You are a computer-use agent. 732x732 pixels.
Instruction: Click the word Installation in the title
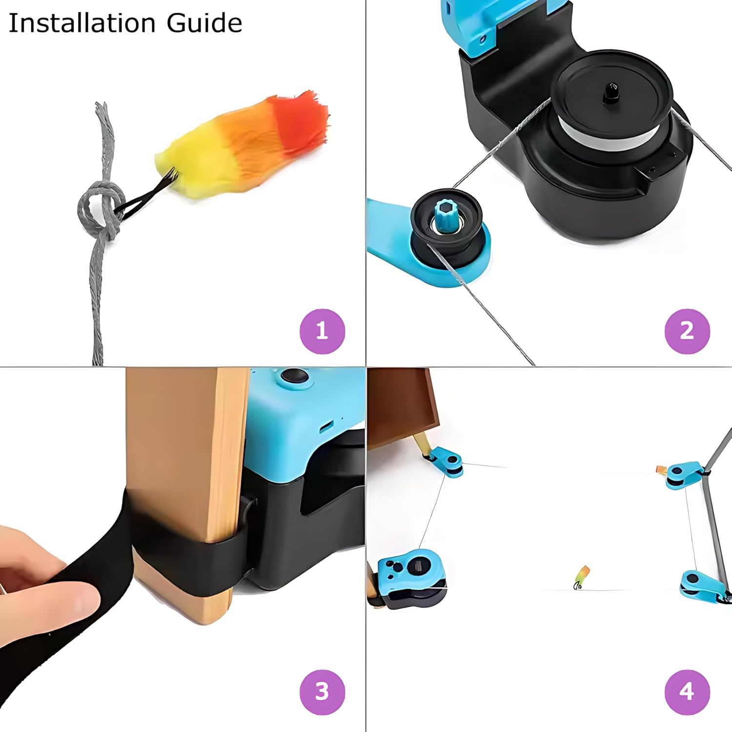point(82,23)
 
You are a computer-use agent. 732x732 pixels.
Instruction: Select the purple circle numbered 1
point(322,331)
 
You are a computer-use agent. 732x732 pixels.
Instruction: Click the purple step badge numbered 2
point(687,331)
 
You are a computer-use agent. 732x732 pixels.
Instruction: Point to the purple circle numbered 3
point(322,692)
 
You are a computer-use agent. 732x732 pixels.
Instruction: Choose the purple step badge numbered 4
point(687,692)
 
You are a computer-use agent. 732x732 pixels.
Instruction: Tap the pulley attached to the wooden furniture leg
point(447,461)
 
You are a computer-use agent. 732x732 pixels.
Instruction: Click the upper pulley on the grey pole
point(683,474)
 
